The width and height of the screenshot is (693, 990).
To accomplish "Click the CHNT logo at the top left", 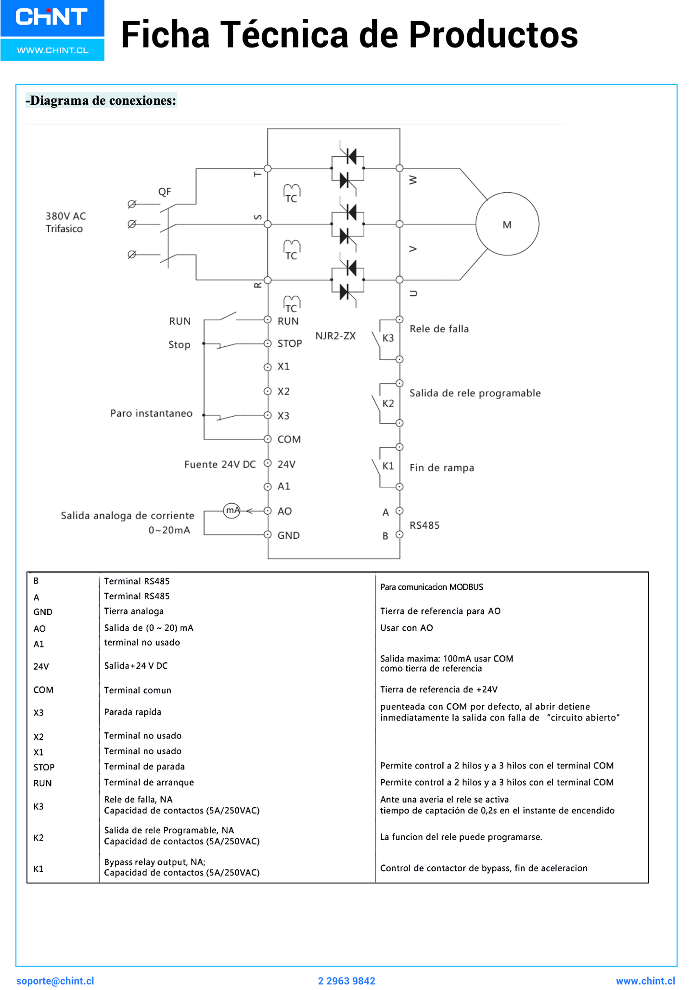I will pos(52,18).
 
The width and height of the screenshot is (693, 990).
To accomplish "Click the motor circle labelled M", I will pos(507,224).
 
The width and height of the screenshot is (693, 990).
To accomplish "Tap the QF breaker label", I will pos(165,192).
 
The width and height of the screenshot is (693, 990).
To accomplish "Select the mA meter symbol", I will pos(232,510).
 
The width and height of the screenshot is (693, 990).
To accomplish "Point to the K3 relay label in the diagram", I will pos(388,338).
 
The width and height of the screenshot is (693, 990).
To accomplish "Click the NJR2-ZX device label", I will pos(335,336).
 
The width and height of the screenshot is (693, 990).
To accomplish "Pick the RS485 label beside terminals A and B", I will pos(424,525).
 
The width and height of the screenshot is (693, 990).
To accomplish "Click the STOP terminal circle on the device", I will pos(268,343).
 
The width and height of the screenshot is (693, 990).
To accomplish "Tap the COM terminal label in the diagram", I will pos(289,439).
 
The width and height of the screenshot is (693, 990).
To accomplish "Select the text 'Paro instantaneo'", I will pos(151,413).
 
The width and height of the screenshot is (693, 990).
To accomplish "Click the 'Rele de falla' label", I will pos(439,329).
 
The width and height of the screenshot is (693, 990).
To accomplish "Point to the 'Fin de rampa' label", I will pos(442,468).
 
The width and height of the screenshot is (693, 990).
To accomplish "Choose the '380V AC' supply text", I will pos(66,216).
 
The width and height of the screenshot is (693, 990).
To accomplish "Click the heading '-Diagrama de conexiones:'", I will pos(101,101).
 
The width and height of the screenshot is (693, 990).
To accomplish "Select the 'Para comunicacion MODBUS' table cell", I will pos(432,587).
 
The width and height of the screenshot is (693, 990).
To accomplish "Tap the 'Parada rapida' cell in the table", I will pos(132,712).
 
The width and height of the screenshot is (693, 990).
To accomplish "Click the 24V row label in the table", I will pos(41,667).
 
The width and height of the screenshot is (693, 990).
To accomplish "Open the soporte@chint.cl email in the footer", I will pos(55,981).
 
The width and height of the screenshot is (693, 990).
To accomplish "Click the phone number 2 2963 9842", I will pos(346,981).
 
